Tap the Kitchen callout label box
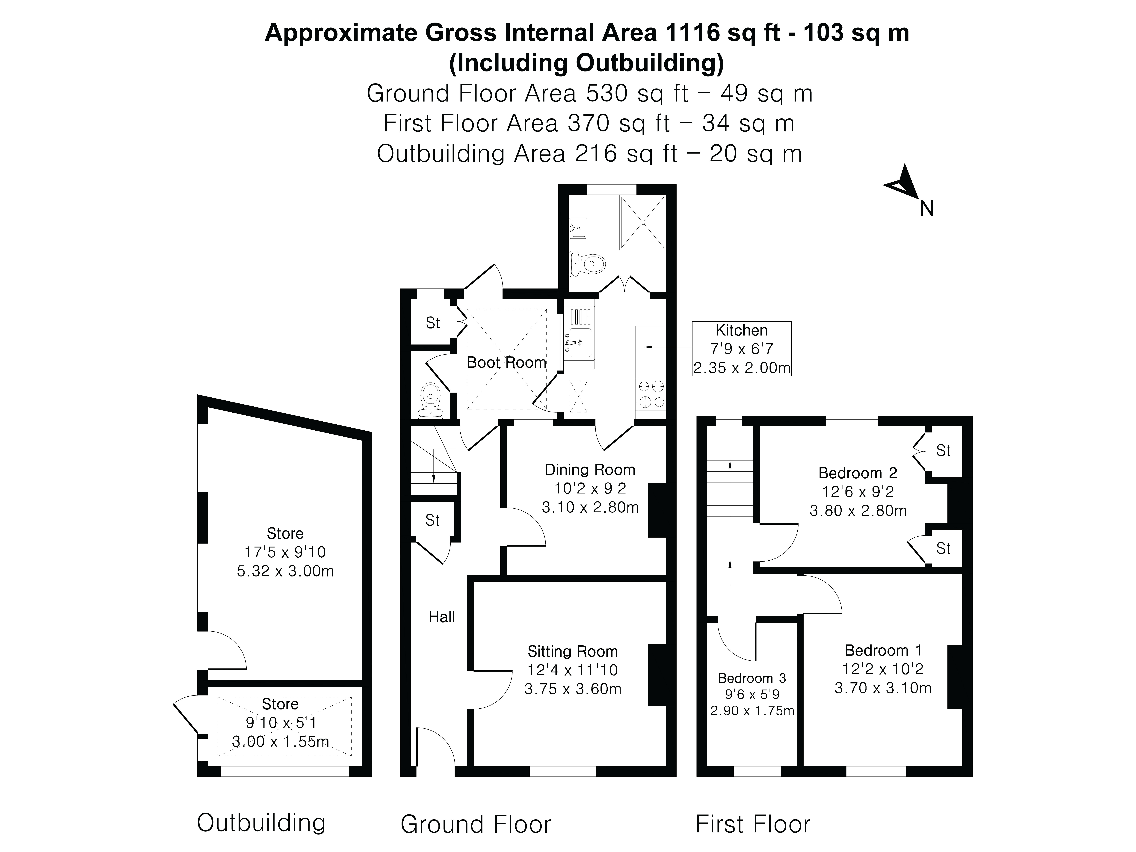[x=742, y=349]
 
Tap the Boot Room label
[x=506, y=363]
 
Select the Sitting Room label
[x=573, y=651]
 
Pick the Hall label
[x=442, y=617]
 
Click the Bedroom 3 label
[x=752, y=678]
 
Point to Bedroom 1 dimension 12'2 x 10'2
[x=883, y=669]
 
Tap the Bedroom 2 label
[x=858, y=473]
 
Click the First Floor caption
[x=753, y=824]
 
